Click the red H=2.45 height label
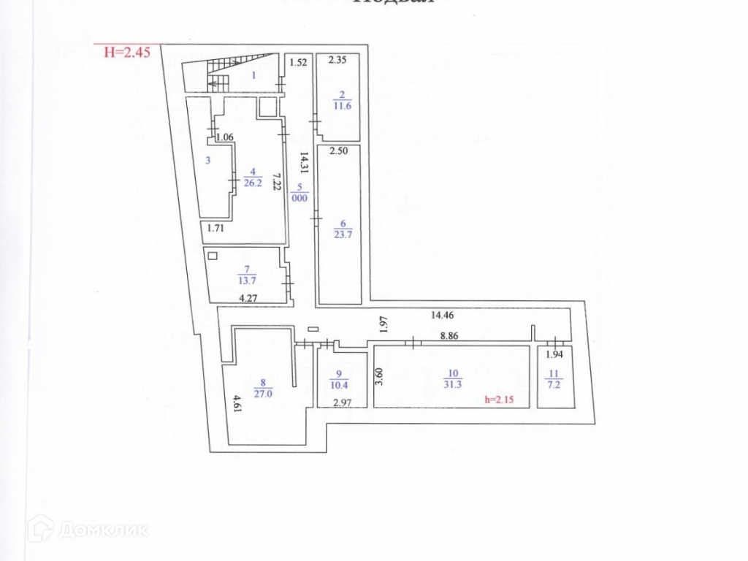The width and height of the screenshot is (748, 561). (x=127, y=51)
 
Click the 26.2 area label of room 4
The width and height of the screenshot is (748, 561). (x=253, y=183)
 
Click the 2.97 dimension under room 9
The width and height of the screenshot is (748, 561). (x=343, y=403)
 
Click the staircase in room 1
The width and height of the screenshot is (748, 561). (x=217, y=74)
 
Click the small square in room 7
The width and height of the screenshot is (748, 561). (x=213, y=256)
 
